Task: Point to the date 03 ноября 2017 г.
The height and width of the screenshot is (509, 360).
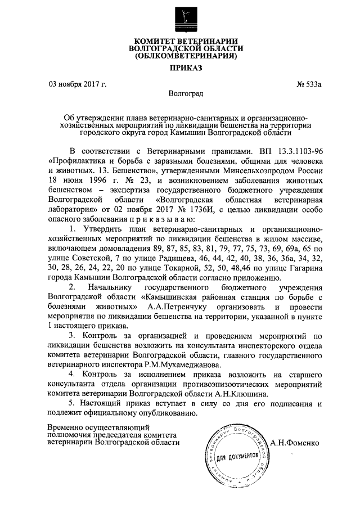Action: (78, 85)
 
